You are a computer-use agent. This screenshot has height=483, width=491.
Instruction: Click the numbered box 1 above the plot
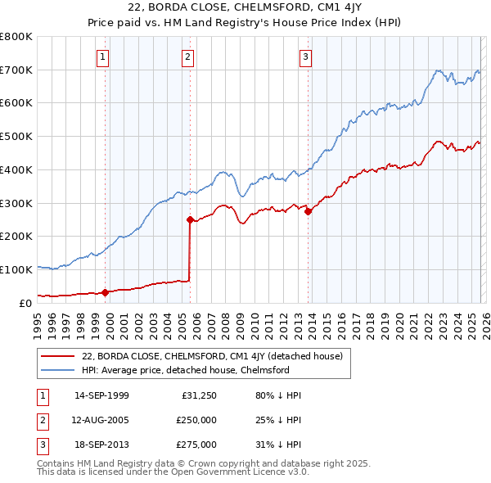pyautogui.click(x=104, y=56)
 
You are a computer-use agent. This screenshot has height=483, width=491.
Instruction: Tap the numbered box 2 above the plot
pyautogui.click(x=188, y=56)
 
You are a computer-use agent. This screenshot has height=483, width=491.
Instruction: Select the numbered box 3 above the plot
pyautogui.click(x=305, y=56)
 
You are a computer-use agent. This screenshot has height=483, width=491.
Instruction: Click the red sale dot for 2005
pyautogui.click(x=190, y=219)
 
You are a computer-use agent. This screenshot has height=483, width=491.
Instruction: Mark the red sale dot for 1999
pyautogui.click(x=105, y=292)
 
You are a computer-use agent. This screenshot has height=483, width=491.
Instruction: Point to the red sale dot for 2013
pyautogui.click(x=309, y=211)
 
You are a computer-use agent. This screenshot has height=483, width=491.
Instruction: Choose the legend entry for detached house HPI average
pyautogui.click(x=185, y=370)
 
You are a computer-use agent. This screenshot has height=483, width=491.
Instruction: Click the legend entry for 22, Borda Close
pyautogui.click(x=216, y=356)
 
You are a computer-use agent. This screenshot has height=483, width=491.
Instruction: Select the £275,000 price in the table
pyautogui.click(x=196, y=445)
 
